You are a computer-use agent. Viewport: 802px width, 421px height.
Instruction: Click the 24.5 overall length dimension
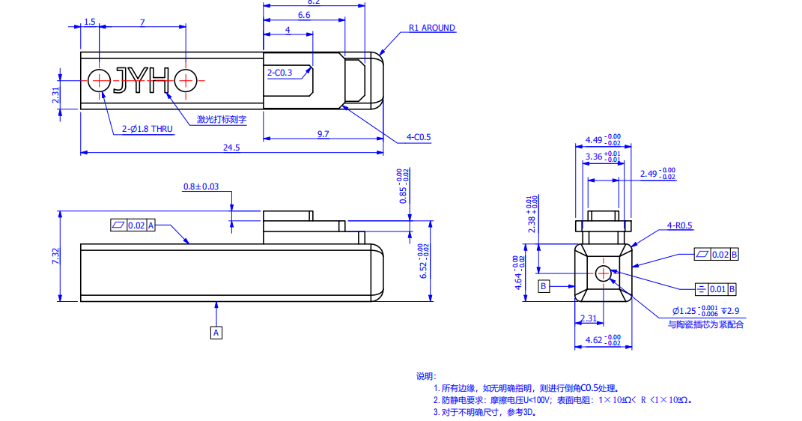point(231,148)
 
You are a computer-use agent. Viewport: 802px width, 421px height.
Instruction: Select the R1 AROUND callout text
point(431,28)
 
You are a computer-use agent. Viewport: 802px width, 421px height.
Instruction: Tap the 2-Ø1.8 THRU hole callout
point(148,129)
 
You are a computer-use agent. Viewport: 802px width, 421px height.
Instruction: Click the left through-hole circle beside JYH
point(99,79)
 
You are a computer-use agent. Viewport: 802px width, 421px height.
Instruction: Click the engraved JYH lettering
point(142,79)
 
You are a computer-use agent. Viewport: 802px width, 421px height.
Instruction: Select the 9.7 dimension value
point(323,133)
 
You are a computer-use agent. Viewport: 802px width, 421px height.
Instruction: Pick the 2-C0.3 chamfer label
point(279,73)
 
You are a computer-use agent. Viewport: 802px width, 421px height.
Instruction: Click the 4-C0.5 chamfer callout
point(419,137)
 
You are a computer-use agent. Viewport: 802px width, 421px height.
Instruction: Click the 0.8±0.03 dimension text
point(201,187)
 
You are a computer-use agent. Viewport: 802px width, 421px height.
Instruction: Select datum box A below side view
point(216,332)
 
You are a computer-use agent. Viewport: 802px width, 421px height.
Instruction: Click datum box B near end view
point(544,285)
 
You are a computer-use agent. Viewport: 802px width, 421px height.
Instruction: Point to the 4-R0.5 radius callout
point(680,225)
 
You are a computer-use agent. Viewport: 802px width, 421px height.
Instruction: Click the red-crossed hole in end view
point(604,273)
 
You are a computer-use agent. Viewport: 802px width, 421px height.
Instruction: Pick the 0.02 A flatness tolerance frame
point(133,225)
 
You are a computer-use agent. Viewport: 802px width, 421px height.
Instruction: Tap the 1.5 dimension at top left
point(90,22)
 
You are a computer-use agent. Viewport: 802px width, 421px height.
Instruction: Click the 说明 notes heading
point(425,376)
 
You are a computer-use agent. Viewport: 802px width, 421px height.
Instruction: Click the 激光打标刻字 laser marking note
point(222,119)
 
